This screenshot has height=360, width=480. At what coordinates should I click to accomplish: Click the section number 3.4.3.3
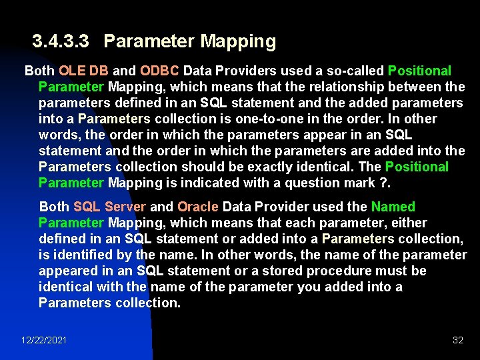pos(61,42)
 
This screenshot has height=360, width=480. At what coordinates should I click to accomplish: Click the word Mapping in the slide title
pos(238,42)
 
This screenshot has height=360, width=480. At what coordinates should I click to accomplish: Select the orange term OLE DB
pos(84,71)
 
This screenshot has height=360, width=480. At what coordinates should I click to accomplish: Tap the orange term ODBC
pos(159,71)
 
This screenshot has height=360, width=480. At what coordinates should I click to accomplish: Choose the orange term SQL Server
pos(109,207)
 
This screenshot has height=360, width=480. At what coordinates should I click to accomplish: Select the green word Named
pos(393,207)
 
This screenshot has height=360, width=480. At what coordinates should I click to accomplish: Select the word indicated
pos(204,183)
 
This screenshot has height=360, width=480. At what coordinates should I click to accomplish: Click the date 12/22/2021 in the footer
pos(44,340)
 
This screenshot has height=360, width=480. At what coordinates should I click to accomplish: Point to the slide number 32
pos(458,340)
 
